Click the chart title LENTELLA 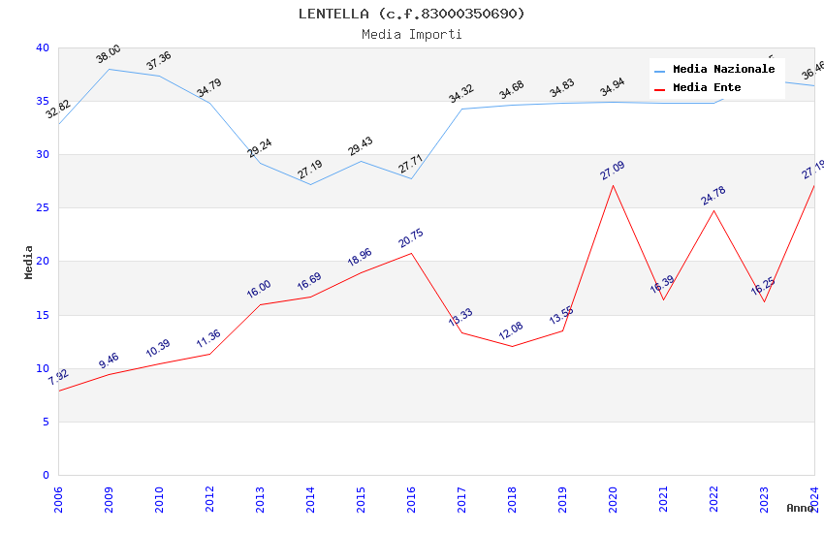(411, 14)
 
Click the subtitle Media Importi (411, 34)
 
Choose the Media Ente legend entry (707, 87)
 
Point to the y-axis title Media (28, 262)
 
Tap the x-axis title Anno (800, 508)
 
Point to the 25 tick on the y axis (43, 207)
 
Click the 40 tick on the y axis (43, 47)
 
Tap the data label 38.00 (109, 54)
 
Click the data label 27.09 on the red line (613, 171)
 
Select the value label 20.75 (411, 238)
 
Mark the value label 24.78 (713, 196)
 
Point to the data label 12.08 (512, 331)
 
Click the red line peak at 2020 (613, 185)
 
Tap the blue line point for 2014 (310, 184)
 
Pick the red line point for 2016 (411, 253)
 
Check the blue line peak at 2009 (109, 69)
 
